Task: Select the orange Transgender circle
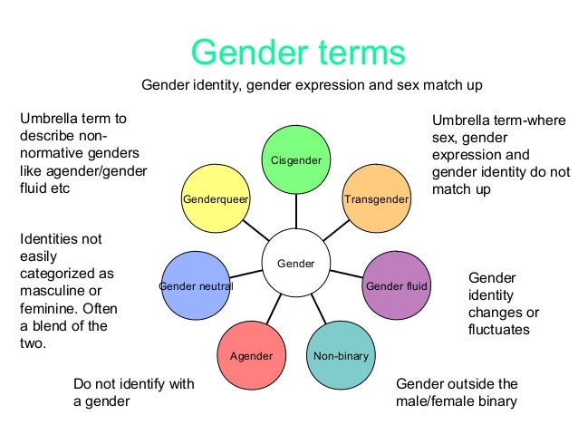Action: (376, 197)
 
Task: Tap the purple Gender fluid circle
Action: (396, 285)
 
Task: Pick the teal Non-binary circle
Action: (341, 355)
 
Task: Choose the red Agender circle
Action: (252, 355)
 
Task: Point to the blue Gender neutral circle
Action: (196, 285)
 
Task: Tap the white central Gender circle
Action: (294, 264)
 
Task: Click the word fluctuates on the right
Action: (498, 330)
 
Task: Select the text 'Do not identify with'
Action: (133, 384)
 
